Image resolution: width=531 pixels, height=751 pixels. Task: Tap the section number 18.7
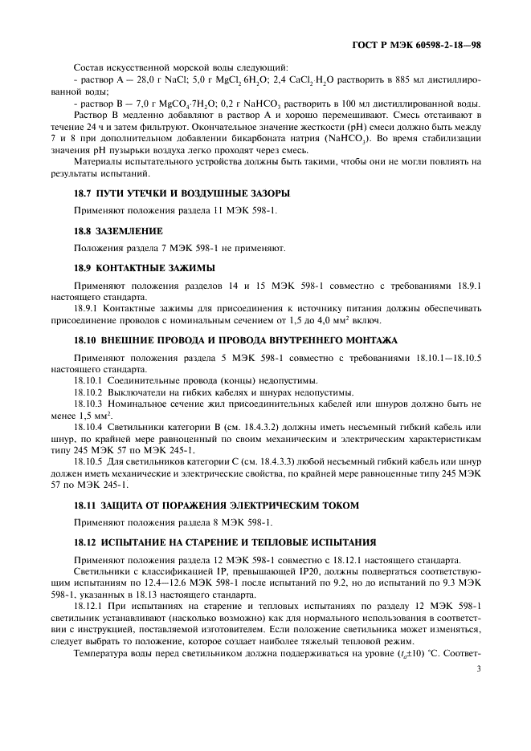tap(84, 194)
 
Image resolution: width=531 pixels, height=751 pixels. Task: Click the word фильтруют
tap(161, 127)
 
